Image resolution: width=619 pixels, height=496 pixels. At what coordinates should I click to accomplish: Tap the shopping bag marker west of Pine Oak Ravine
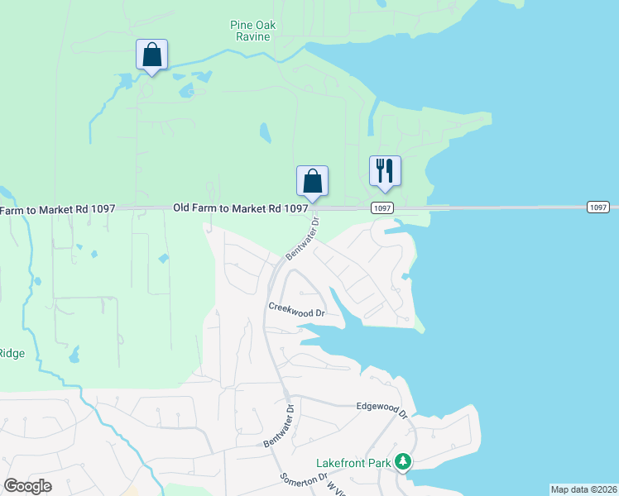151,55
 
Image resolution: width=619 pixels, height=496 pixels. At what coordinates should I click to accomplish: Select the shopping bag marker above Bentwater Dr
313,181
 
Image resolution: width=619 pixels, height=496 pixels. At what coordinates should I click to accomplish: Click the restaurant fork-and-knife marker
385,171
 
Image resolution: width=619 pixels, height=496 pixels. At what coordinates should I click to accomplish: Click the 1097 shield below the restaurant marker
381,207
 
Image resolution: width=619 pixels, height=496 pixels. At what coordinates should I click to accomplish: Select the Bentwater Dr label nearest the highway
301,239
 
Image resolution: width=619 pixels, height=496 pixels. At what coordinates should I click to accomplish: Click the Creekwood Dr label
295,309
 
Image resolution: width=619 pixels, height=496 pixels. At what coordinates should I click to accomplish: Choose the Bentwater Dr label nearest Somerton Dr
279,427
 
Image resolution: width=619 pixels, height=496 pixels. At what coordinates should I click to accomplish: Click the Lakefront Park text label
353,463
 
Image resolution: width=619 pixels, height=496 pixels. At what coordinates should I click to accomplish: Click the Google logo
27,486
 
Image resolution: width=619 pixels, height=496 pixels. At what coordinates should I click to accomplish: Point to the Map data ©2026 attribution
583,489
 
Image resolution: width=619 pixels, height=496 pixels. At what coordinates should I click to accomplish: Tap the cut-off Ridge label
12,353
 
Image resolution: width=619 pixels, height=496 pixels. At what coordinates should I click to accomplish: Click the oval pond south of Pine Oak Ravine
265,132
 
